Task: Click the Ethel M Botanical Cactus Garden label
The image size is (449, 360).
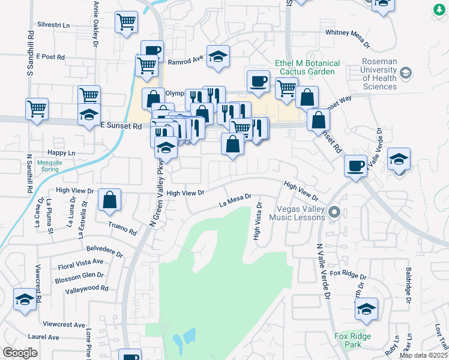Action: click(307, 67)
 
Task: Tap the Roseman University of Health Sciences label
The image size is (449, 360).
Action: click(379, 74)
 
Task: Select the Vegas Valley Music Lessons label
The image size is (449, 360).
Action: click(300, 213)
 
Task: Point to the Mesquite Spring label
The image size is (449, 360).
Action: click(48, 165)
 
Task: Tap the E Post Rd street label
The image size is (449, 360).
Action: click(50, 56)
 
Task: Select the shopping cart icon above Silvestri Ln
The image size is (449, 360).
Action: click(127, 23)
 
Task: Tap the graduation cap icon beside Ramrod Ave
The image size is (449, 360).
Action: click(218, 55)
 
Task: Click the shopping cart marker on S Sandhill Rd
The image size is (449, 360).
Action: click(37, 109)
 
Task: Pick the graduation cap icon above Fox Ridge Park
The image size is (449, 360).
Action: click(366, 308)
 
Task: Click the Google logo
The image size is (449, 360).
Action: click(20, 353)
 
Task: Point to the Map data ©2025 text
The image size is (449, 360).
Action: click(423, 355)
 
